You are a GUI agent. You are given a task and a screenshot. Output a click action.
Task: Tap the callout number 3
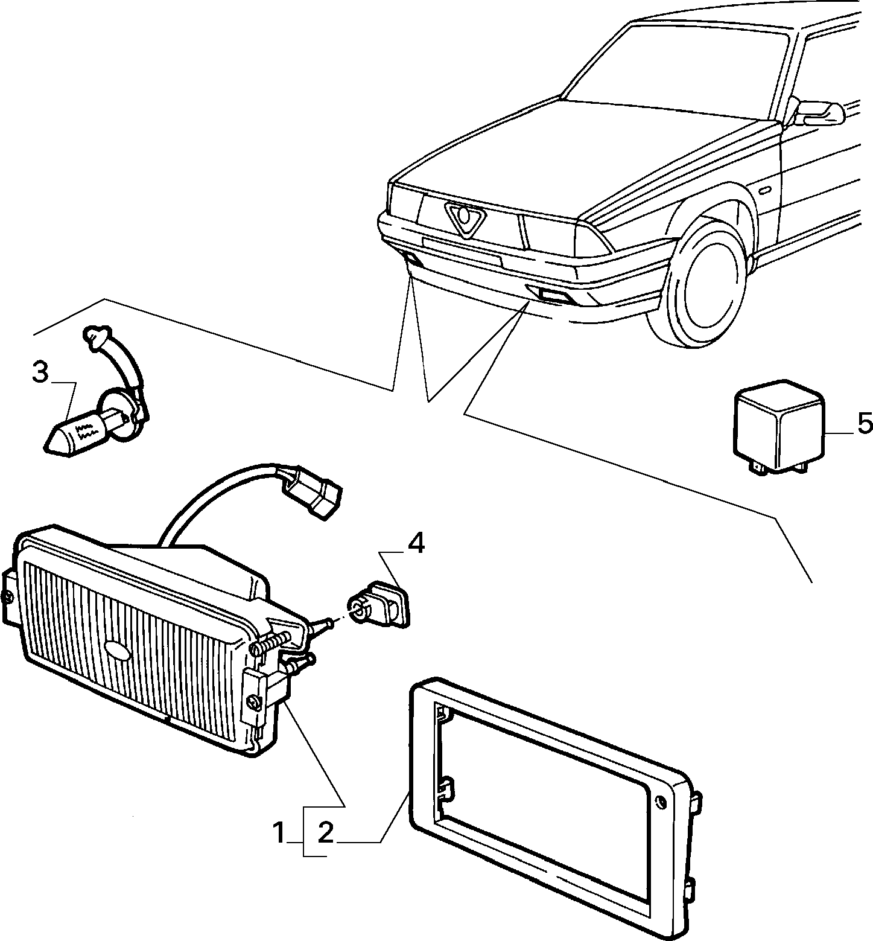click(40, 373)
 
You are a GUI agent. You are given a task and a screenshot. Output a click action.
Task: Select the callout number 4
click(416, 544)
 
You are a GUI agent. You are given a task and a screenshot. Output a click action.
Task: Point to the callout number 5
click(863, 424)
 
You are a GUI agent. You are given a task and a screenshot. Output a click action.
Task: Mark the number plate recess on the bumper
click(462, 251)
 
